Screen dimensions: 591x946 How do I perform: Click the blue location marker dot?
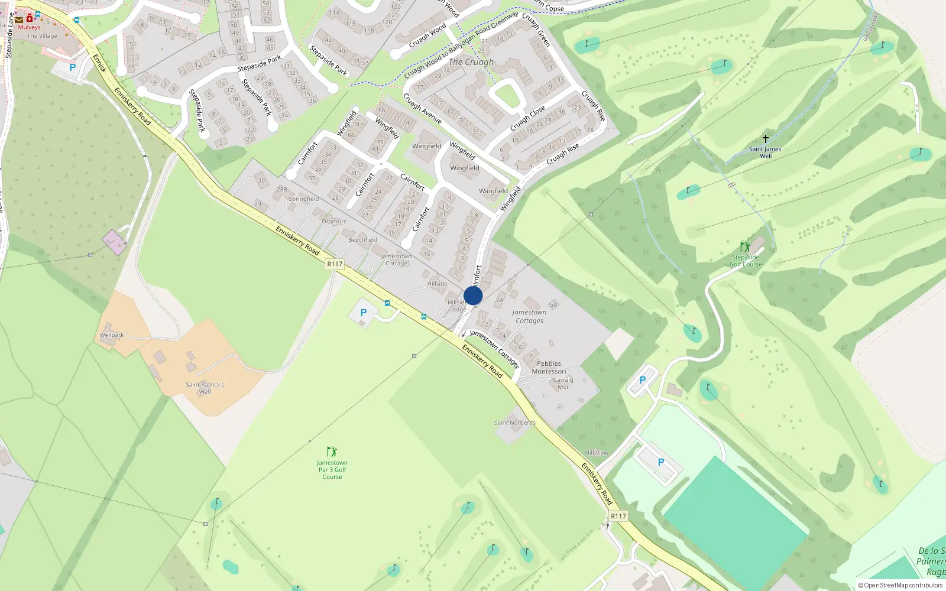click(473, 295)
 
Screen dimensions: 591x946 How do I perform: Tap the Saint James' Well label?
click(766, 152)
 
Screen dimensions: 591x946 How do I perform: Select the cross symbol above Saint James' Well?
click(766, 139)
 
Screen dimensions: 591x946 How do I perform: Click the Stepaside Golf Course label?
click(746, 261)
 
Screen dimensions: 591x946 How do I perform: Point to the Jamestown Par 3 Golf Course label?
click(332, 470)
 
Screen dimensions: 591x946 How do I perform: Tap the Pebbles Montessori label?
click(549, 368)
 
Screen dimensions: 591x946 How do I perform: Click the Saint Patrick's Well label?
click(205, 388)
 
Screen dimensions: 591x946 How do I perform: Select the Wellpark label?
click(112, 335)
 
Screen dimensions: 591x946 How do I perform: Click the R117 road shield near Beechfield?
click(335, 264)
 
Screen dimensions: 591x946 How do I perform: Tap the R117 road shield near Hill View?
click(618, 516)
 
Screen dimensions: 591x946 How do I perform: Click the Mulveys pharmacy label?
click(29, 27)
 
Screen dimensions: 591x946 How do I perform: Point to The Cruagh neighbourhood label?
click(471, 62)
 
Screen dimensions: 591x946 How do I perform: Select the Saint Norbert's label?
click(515, 423)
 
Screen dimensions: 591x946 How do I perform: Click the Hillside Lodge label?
click(457, 306)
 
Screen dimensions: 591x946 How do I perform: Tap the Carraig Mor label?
click(563, 384)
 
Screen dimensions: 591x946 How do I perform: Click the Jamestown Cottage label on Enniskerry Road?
click(396, 259)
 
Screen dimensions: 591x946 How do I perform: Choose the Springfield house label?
click(303, 199)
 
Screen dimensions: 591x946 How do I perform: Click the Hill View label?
click(597, 453)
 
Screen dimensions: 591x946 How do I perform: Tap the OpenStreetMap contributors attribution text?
click(900, 585)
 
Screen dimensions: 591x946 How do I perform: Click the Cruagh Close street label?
click(527, 119)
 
